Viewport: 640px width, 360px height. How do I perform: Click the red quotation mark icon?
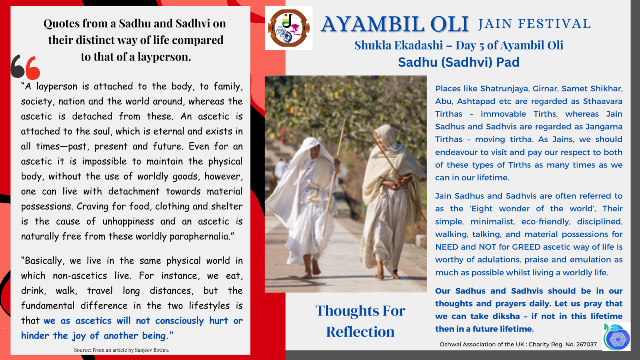[x=33, y=68]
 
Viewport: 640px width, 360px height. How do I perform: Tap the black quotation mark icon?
[x=18, y=67]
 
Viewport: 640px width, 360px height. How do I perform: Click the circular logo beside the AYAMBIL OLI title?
[x=288, y=28]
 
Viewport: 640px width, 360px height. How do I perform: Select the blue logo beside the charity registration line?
[x=616, y=337]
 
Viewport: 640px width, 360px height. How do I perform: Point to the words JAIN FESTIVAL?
[x=534, y=24]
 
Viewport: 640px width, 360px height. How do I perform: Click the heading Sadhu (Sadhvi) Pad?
[x=458, y=62]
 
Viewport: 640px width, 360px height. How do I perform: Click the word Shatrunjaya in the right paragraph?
[x=504, y=88]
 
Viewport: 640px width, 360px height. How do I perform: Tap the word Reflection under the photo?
[x=360, y=332]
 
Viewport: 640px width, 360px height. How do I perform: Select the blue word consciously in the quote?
[x=179, y=321]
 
